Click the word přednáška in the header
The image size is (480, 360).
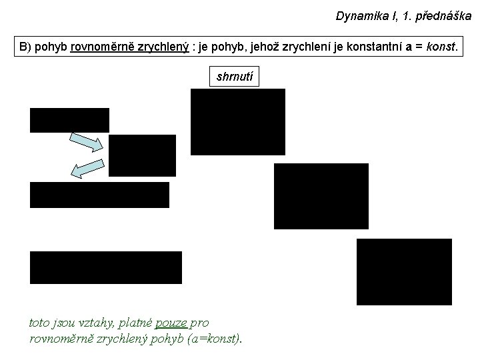pos(443,16)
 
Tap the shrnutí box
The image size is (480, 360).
pos(234,76)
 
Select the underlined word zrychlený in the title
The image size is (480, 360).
pos(163,47)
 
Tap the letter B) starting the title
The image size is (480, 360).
pos(25,47)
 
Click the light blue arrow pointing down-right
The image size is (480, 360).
pos(86,143)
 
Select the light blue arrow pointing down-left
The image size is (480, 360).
pos(87,169)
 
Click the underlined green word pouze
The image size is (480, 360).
pos(171,323)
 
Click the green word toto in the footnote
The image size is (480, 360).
pos(39,323)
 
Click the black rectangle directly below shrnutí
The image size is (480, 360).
pos(238,122)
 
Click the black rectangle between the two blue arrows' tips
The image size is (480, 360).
pos(143,155)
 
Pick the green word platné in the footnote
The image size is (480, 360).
pos(135,323)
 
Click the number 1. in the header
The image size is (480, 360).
pos(406,16)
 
